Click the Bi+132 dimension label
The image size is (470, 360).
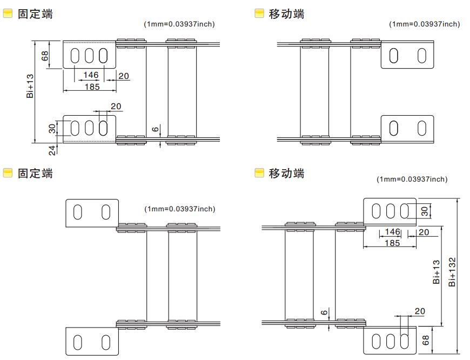pyautogui.click(x=453, y=272)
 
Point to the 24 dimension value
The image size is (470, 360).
pyautogui.click(x=52, y=150)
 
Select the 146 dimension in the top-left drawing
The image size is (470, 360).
pyautogui.click(x=90, y=75)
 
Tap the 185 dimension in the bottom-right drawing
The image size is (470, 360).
pyautogui.click(x=392, y=243)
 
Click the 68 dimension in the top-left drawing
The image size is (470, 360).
pyautogui.click(x=45, y=55)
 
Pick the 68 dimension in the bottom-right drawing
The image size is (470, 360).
pyautogui.click(x=426, y=341)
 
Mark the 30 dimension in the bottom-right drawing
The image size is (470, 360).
pyautogui.click(x=425, y=211)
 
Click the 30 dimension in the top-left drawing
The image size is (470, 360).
pyautogui.click(x=52, y=128)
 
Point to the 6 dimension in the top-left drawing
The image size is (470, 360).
pyautogui.click(x=155, y=129)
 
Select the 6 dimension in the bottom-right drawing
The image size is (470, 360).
pyautogui.click(x=324, y=313)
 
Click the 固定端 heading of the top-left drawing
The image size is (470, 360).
pyautogui.click(x=35, y=14)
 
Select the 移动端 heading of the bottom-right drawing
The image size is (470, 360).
pyautogui.click(x=286, y=174)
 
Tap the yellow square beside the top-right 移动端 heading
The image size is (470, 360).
pyautogui.click(x=259, y=14)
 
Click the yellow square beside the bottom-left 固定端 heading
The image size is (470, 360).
pyautogui.click(x=8, y=173)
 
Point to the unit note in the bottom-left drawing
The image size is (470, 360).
pyautogui.click(x=179, y=209)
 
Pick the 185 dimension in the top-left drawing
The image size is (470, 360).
pyautogui.click(x=92, y=86)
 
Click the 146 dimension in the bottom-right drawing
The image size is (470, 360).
pyautogui.click(x=392, y=232)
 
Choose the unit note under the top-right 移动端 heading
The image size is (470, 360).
pyautogui.click(x=425, y=24)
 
